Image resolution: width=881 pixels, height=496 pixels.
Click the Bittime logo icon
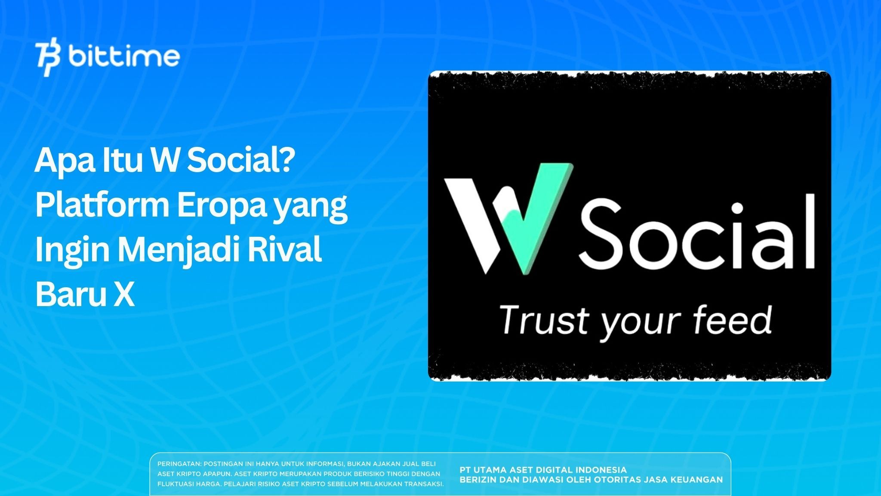(x=48, y=59)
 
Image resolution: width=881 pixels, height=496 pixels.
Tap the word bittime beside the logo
(x=124, y=57)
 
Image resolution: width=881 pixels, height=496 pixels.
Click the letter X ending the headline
(x=124, y=295)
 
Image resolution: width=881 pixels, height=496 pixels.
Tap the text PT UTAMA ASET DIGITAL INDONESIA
(x=543, y=470)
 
